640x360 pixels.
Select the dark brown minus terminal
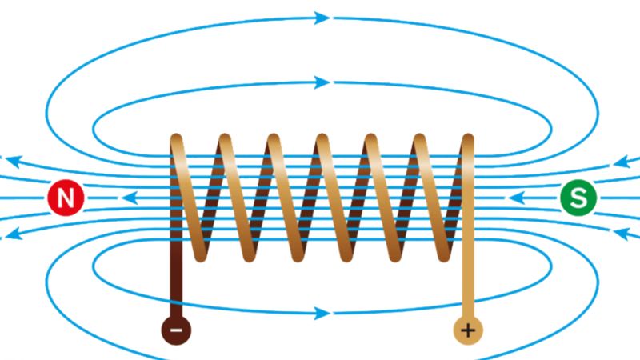pyautogui.click(x=177, y=329)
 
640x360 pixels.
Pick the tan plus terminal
pyautogui.click(x=468, y=329)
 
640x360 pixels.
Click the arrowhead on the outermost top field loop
pyautogui.click(x=322, y=18)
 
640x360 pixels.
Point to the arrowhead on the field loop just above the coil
pyautogui.click(x=322, y=82)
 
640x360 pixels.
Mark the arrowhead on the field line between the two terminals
pyautogui.click(x=322, y=313)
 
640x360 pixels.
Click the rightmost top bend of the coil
pyautogui.click(x=467, y=142)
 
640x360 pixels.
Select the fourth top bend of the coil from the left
pyautogui.click(x=322, y=142)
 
